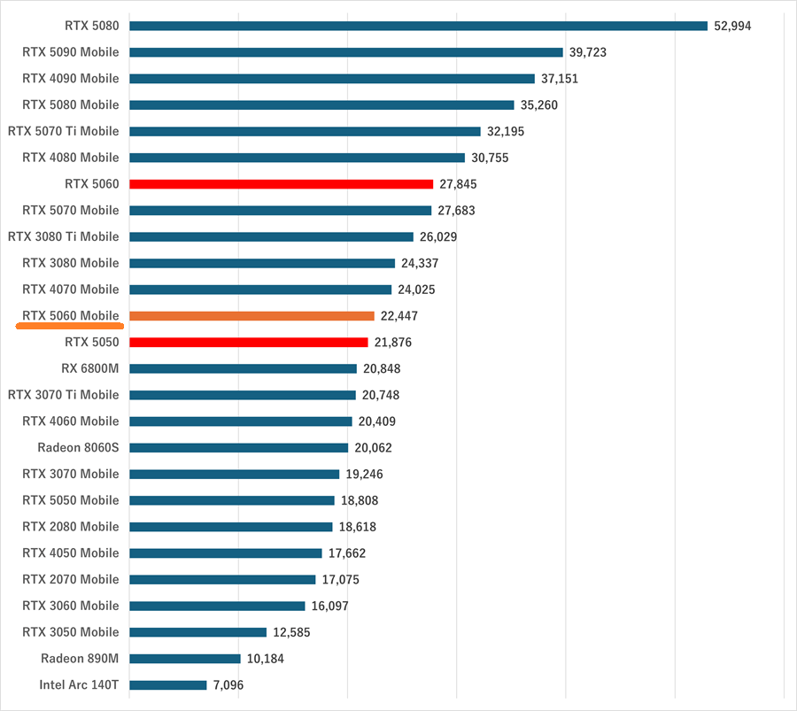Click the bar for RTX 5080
tap(418, 26)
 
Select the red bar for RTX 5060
tap(281, 184)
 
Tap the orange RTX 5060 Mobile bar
tap(251, 316)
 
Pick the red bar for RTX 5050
tap(248, 343)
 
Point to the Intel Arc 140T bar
tap(167, 685)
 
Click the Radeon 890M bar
tap(184, 659)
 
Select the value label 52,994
tap(732, 26)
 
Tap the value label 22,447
tap(399, 316)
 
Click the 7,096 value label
tap(228, 685)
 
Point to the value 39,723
tap(588, 52)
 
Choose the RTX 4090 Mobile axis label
tap(71, 79)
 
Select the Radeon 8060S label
tap(78, 447)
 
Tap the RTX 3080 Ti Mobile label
tap(64, 236)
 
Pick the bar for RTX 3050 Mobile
tap(197, 632)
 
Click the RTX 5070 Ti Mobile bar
tap(305, 131)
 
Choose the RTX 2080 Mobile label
tap(71, 527)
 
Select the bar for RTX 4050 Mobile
tap(225, 553)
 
